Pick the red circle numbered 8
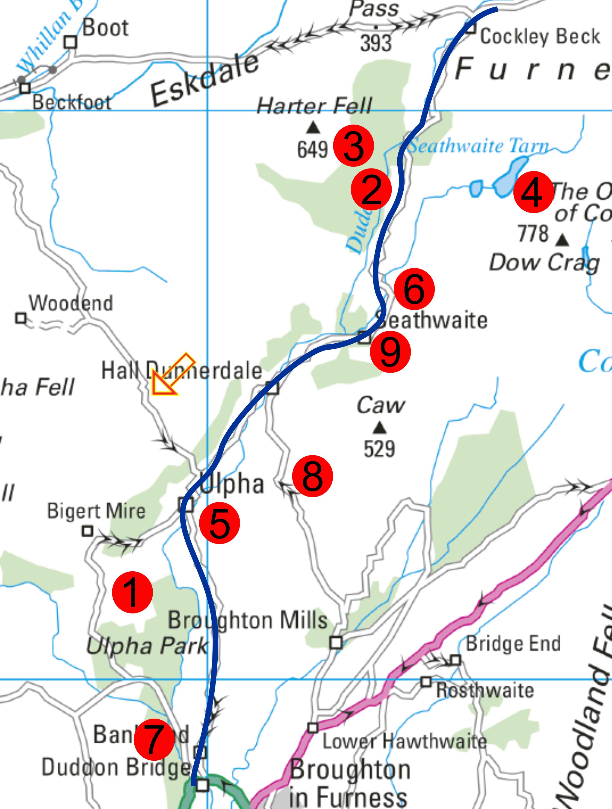313,476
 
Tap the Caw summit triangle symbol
380,427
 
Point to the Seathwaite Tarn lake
511,172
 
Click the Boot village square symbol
70,42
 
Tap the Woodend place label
71,303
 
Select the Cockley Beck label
540,37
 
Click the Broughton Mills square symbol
336,643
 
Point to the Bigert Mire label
96,511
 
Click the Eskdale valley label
205,81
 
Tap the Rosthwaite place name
485,690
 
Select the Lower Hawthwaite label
404,741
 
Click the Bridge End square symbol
455,660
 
